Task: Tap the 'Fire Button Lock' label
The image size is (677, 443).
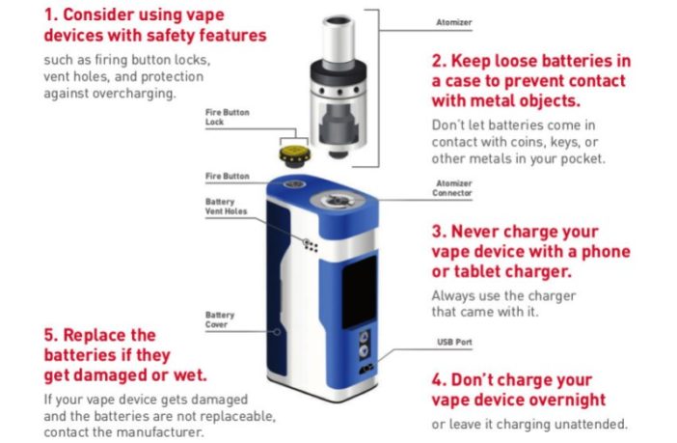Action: coord(227,117)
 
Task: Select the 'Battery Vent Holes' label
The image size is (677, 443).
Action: coord(226,208)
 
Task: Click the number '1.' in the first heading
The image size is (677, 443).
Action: coord(53,15)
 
